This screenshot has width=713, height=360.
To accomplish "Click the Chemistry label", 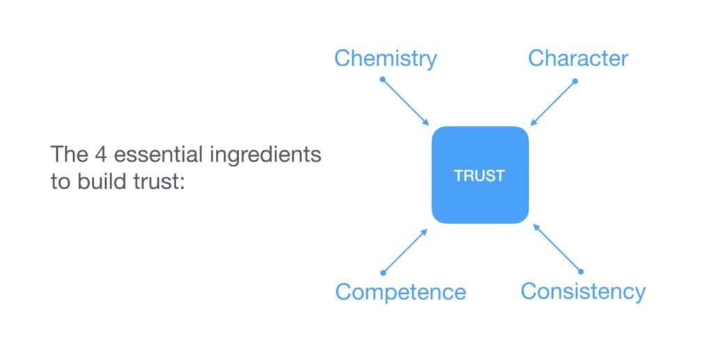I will (385, 58).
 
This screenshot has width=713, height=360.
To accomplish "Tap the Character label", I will (578, 58).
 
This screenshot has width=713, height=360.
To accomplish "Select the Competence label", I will (400, 291).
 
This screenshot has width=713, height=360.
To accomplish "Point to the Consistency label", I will (583, 290).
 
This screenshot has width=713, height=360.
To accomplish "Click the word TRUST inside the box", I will (479, 176).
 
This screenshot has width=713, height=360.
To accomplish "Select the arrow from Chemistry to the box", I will (406, 102).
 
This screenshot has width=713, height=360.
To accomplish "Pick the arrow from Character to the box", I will (553, 102).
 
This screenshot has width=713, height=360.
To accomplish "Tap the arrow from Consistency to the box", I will (557, 247).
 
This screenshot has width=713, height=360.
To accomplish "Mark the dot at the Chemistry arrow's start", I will (382, 79).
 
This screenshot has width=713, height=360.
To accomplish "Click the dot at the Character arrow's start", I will (575, 81).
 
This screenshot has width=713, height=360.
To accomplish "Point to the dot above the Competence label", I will (382, 272).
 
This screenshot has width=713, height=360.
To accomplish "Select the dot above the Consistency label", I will (581, 271).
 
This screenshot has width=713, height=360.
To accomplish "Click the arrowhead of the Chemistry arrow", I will (427, 123).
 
